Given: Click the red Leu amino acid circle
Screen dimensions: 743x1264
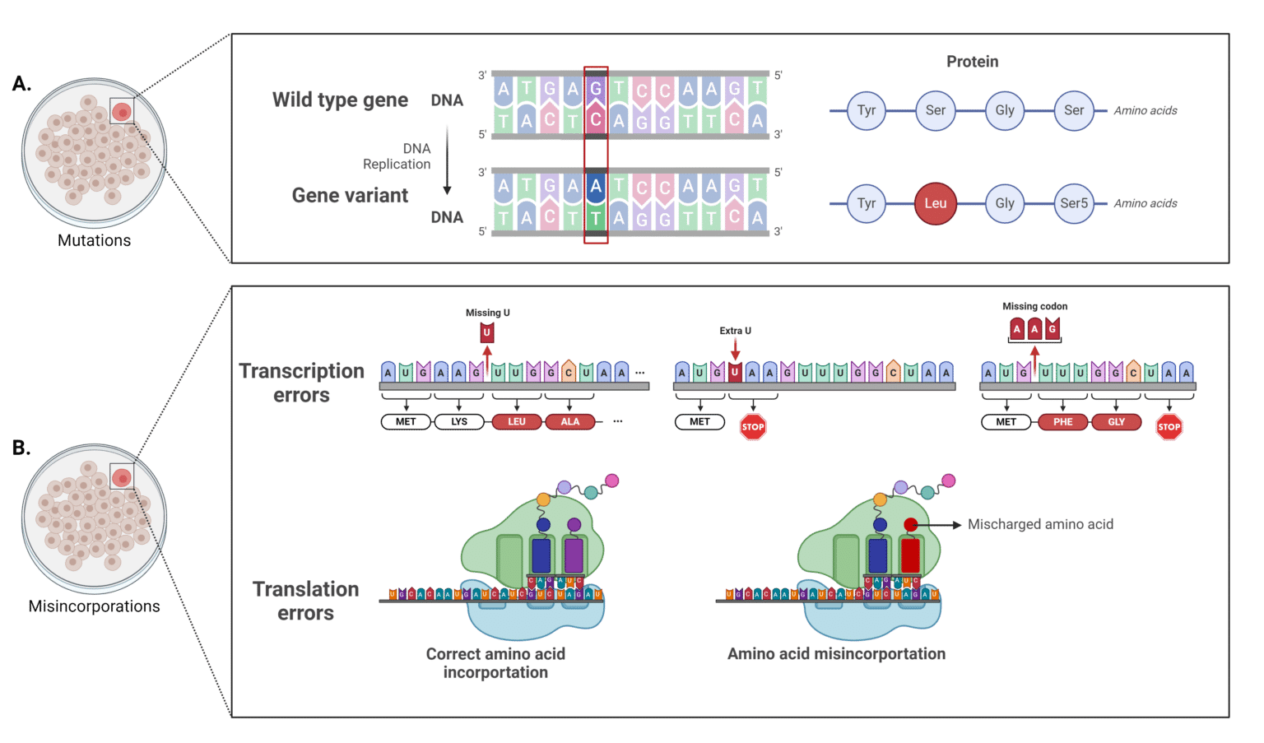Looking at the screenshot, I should pyautogui.click(x=936, y=203).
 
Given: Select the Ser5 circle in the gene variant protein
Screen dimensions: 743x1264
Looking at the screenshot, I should pyautogui.click(x=1074, y=203).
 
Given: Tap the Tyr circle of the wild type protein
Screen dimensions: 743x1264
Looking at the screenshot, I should pyautogui.click(x=866, y=110).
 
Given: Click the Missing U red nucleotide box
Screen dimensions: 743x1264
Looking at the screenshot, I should pyautogui.click(x=486, y=332).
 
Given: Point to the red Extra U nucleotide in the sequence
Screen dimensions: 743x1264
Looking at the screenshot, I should pyautogui.click(x=735, y=372).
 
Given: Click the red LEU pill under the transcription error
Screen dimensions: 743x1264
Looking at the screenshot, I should pyautogui.click(x=517, y=421).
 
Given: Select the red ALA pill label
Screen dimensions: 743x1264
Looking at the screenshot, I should pyautogui.click(x=570, y=421).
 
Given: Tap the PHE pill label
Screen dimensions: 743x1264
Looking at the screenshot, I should pyautogui.click(x=1063, y=421).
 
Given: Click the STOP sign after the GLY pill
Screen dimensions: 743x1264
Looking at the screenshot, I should pyautogui.click(x=1169, y=426).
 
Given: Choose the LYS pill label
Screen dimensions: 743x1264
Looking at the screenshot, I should pyautogui.click(x=459, y=421).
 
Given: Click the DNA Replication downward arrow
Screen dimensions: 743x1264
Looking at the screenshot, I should pyautogui.click(x=447, y=160).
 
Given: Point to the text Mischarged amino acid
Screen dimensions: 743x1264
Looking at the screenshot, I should pyautogui.click(x=1040, y=524).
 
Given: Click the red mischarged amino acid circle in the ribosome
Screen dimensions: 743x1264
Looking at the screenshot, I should pyautogui.click(x=910, y=525).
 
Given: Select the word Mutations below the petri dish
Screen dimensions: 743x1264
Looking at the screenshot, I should pyautogui.click(x=94, y=240).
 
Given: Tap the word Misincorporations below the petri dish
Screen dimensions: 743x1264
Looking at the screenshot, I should pyautogui.click(x=94, y=606).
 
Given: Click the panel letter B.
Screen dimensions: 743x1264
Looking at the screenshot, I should pyautogui.click(x=21, y=448).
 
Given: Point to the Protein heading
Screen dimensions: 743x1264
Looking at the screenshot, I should pyautogui.click(x=972, y=62).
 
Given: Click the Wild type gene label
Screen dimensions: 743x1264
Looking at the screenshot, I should pyautogui.click(x=340, y=100).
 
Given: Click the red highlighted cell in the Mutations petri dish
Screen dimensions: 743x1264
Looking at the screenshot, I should pyautogui.click(x=122, y=111).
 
